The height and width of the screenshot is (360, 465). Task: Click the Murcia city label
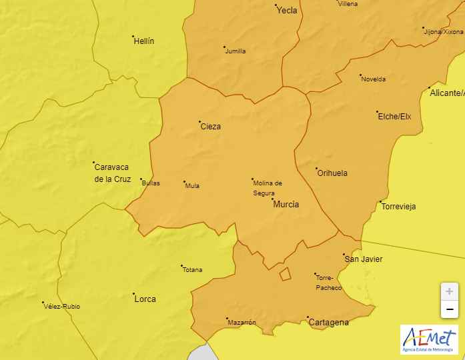point(286,205)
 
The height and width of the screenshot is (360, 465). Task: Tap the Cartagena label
point(329,323)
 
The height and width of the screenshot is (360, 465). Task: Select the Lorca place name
point(145,299)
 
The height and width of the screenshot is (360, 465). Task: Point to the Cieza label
point(211,127)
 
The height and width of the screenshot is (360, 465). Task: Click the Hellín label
point(144,41)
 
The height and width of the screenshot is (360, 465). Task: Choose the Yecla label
point(287,11)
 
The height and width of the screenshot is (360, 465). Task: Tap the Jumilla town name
point(236,51)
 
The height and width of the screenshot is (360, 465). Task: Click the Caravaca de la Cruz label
point(113,173)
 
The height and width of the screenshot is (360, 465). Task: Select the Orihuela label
point(332,173)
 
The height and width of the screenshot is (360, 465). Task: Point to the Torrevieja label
point(398,207)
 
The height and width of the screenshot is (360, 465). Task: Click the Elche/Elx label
point(395,117)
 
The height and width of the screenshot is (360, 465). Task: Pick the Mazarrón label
point(242,323)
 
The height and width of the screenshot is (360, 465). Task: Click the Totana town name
point(192,270)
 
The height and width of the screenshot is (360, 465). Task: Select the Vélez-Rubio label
point(62,307)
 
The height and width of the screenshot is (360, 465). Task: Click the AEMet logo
point(429,339)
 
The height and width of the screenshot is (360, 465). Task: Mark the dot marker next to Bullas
point(141,179)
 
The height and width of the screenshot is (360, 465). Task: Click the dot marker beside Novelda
point(360,75)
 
